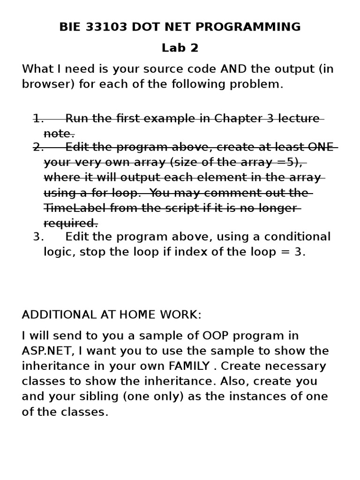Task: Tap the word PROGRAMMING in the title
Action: click(x=247, y=27)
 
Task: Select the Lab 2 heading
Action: click(x=180, y=48)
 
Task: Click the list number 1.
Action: click(x=38, y=118)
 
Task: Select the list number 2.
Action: click(x=38, y=147)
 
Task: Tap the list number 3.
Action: click(x=38, y=237)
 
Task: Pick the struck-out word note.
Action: click(x=59, y=133)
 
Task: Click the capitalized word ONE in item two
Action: click(x=321, y=147)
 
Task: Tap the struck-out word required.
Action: click(x=71, y=223)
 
